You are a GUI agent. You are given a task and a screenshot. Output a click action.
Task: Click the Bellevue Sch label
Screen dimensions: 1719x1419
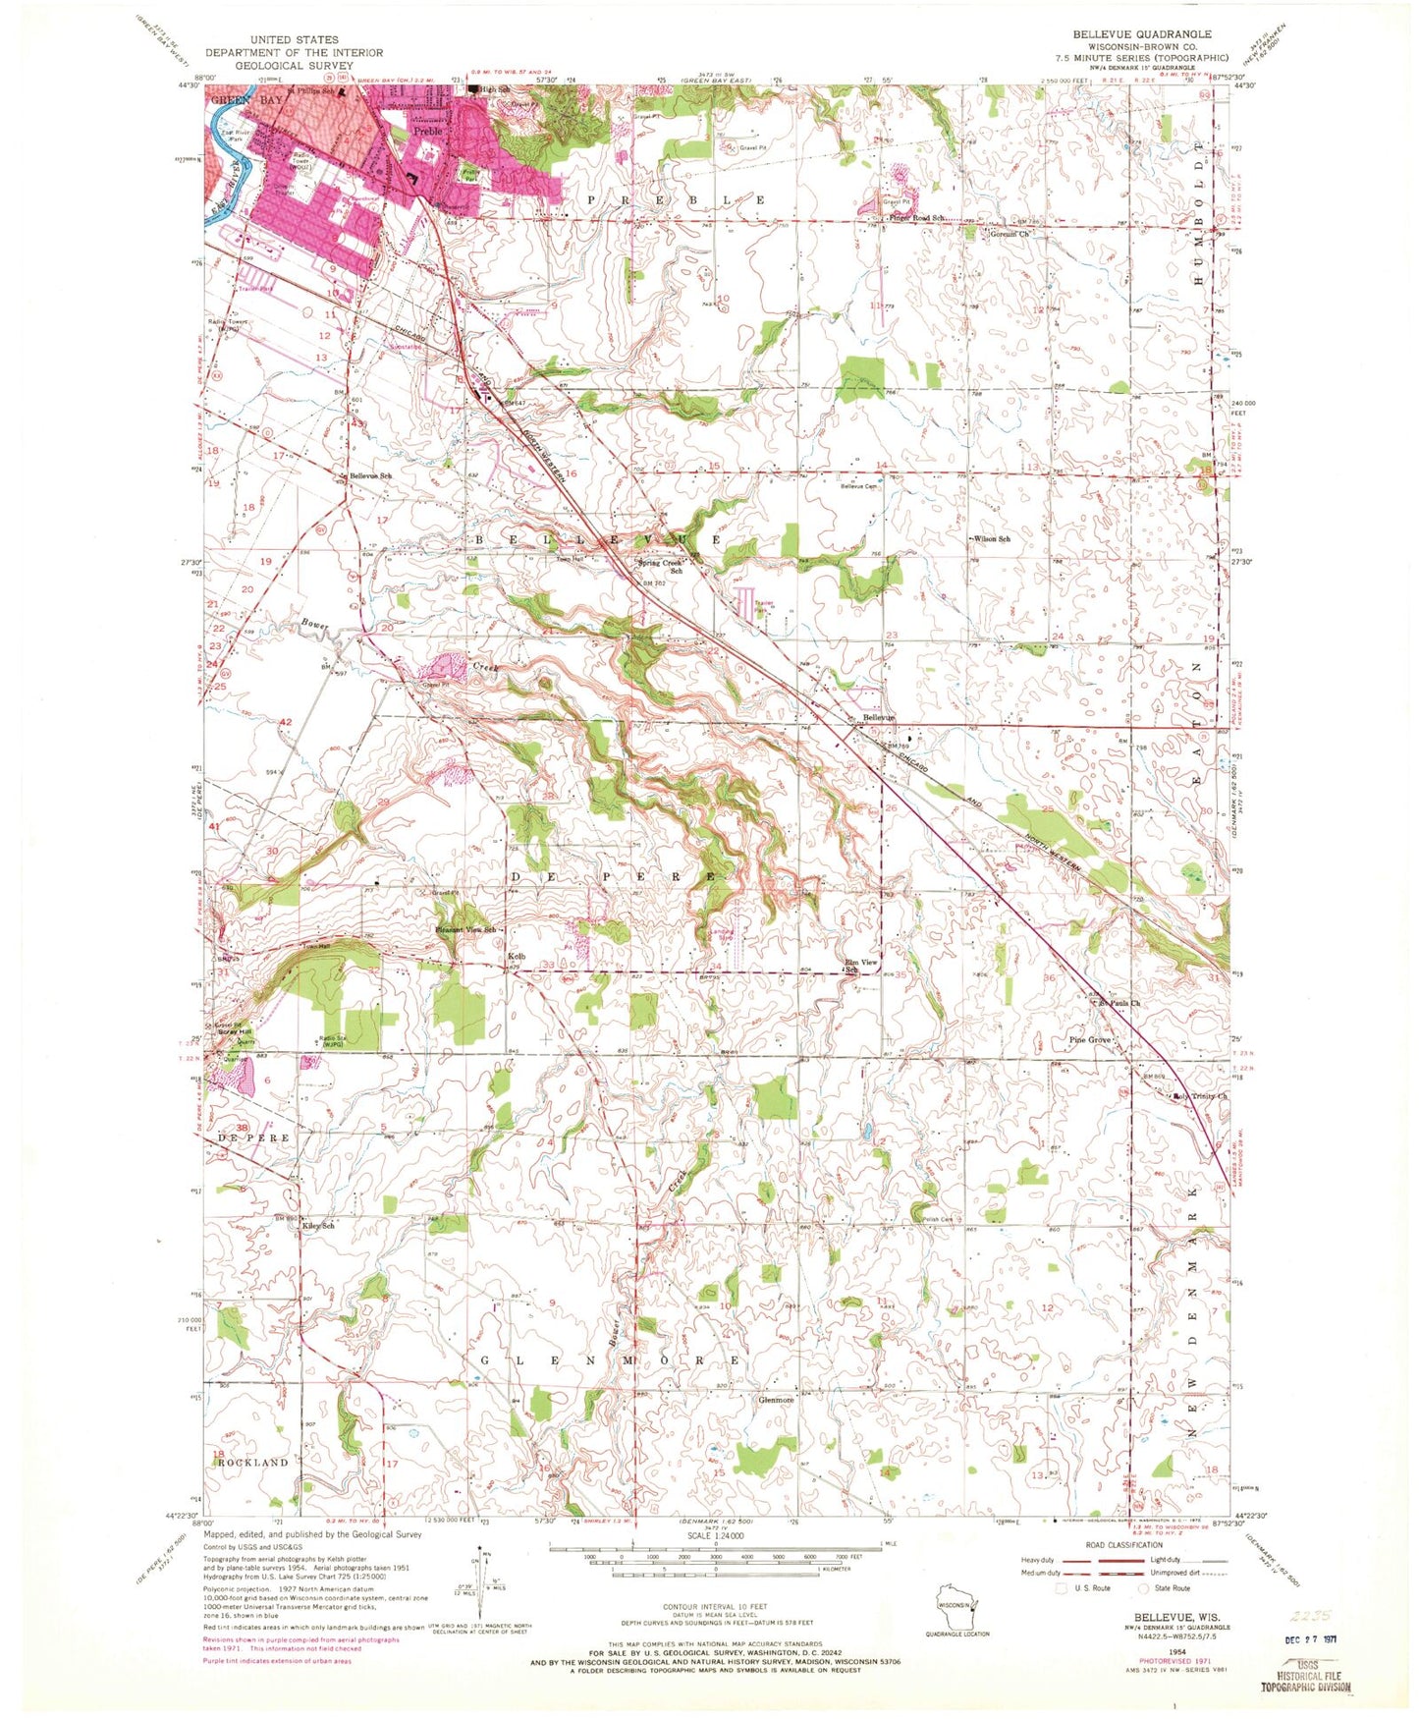pos(371,475)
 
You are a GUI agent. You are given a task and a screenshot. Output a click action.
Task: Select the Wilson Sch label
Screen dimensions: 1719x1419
pos(991,539)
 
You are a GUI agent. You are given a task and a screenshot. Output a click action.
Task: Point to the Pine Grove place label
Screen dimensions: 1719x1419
pos(1090,1039)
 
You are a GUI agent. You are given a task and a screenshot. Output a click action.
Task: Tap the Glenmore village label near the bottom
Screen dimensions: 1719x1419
pos(776,1400)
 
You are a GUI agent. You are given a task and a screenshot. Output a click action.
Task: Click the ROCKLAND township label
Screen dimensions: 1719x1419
pos(252,1462)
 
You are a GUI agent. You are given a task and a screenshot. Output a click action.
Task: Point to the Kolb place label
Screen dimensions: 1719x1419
pos(517,956)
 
